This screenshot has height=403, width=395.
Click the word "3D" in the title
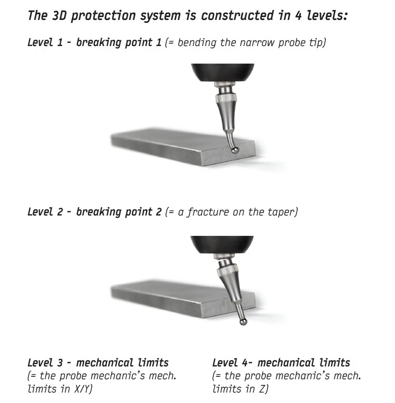point(59,15)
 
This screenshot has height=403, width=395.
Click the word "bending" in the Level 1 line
point(197,43)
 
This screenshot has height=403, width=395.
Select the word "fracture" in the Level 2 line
point(208,212)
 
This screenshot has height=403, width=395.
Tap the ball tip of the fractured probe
point(243,321)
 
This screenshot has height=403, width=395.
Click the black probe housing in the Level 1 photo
point(222,72)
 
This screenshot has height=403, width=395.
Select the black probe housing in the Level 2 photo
point(222,244)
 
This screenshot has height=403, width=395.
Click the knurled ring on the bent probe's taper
point(226,98)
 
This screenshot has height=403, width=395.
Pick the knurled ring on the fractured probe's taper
point(227,271)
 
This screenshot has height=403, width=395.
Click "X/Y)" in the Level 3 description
point(83,389)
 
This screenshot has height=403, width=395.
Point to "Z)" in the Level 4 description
point(264,389)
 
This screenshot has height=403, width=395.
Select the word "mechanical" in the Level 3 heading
point(104,363)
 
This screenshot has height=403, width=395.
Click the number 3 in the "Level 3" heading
point(60,363)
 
